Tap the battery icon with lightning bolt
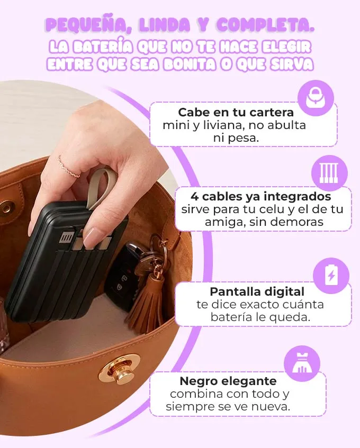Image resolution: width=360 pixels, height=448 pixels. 331,276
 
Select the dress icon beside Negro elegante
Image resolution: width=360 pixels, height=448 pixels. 302,363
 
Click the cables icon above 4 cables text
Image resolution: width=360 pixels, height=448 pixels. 329,173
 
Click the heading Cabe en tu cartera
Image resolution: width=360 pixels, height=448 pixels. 236,112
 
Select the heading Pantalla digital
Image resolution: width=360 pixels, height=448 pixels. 257,292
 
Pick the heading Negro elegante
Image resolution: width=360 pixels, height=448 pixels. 228,381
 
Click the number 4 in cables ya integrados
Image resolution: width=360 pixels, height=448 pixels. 194,197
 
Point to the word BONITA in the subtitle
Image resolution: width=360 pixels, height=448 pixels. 190,64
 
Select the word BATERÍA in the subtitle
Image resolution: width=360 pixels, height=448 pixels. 103,47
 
